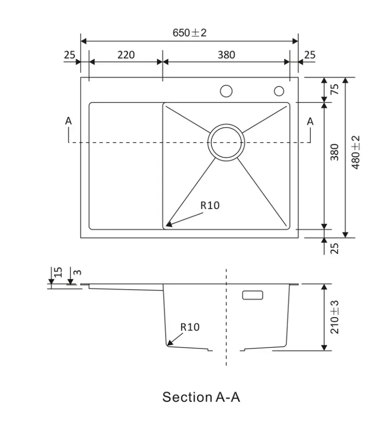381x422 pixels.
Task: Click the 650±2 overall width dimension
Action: pyautogui.click(x=189, y=33)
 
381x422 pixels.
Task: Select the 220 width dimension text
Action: pyautogui.click(x=126, y=55)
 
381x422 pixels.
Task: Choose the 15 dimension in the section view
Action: pyautogui.click(x=58, y=272)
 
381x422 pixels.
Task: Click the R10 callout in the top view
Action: pyautogui.click(x=209, y=206)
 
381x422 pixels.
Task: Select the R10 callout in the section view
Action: pyautogui.click(x=190, y=327)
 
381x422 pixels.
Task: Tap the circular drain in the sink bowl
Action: pyautogui.click(x=226, y=143)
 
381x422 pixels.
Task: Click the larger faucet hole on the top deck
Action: pyautogui.click(x=226, y=91)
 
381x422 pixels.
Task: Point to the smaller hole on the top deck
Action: pyautogui.click(x=279, y=91)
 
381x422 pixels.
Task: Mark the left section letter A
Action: pyautogui.click(x=69, y=122)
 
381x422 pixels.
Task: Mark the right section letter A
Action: pyautogui.click(x=310, y=122)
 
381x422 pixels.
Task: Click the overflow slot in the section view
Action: pyautogui.click(x=252, y=295)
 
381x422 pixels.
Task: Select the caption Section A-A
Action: pyautogui.click(x=201, y=397)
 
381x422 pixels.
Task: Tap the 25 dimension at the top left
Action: pyautogui.click(x=70, y=55)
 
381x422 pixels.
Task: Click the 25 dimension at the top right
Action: pyautogui.click(x=309, y=55)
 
